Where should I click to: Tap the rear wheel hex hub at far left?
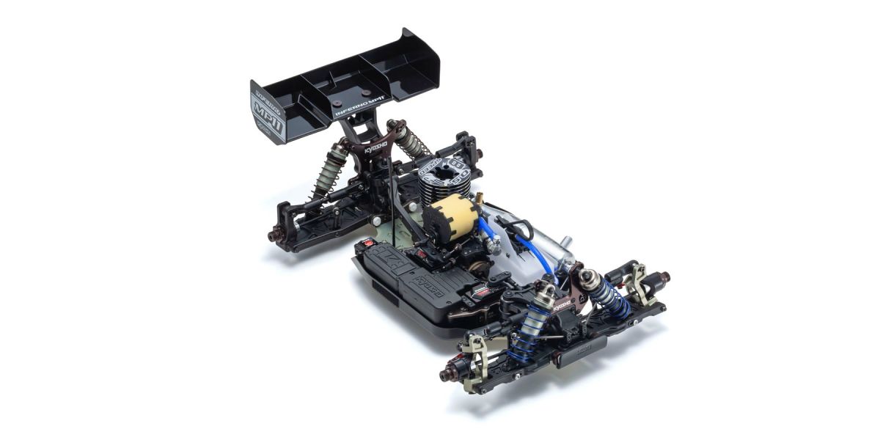(276, 235)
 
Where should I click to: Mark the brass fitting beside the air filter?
(481, 197)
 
